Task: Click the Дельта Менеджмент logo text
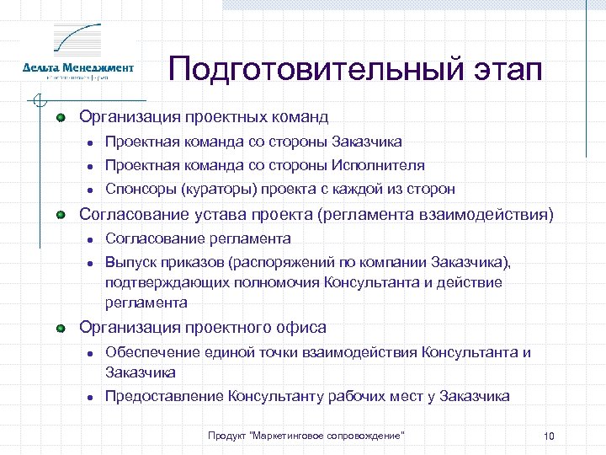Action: pyautogui.click(x=78, y=67)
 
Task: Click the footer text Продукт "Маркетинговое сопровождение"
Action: pyautogui.click(x=306, y=435)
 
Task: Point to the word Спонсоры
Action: pyautogui.click(x=137, y=189)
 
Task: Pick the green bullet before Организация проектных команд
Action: pyautogui.click(x=61, y=117)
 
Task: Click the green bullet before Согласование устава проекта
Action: pyautogui.click(x=61, y=216)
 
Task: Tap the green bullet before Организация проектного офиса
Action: pyautogui.click(x=61, y=328)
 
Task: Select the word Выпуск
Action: pyautogui.click(x=128, y=262)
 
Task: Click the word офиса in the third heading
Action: pyautogui.click(x=303, y=327)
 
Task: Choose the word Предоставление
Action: pyautogui.click(x=163, y=396)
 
